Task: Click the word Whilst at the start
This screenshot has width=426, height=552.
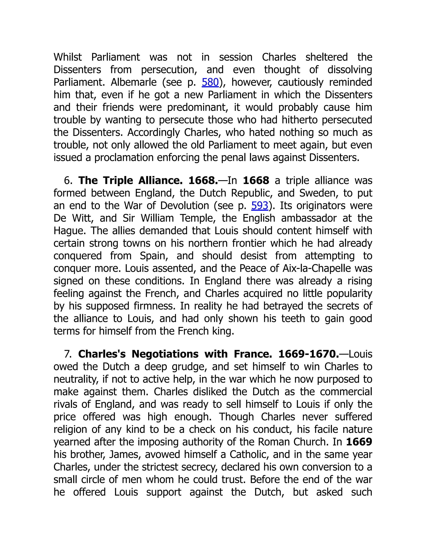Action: [68, 57]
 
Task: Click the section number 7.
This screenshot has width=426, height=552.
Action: [68, 354]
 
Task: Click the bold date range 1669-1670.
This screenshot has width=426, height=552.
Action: [308, 354]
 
